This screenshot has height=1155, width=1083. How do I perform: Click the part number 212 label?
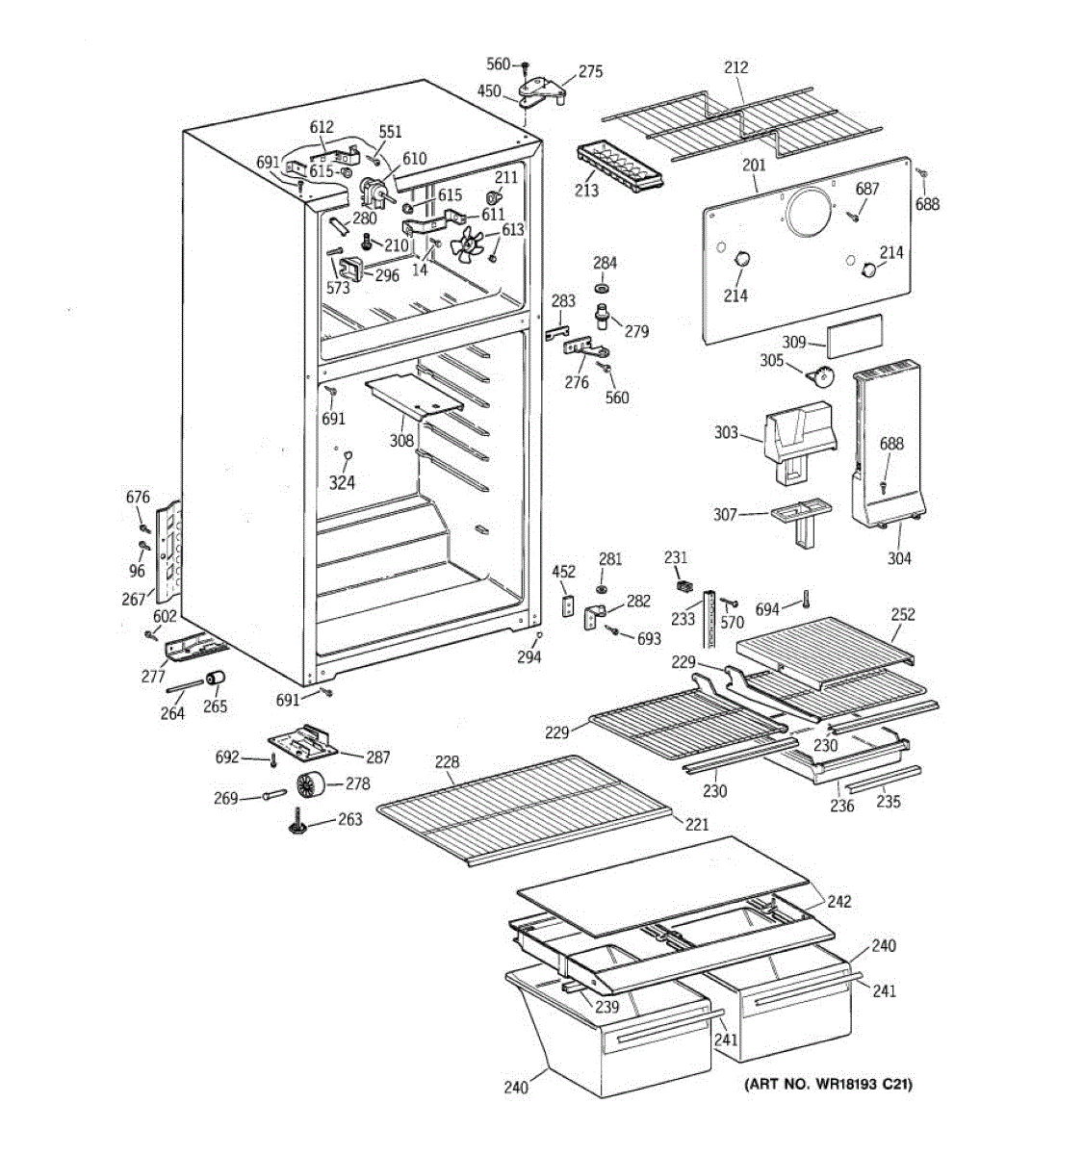point(736,67)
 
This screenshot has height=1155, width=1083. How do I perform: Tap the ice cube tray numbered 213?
point(620,167)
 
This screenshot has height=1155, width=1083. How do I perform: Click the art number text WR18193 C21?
point(852,1085)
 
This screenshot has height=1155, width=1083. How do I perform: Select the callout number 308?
point(401,441)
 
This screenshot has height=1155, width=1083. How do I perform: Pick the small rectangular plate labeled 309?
point(854,336)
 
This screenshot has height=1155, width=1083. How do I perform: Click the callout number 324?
point(342,483)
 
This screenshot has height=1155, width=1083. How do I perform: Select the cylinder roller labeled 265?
point(216,679)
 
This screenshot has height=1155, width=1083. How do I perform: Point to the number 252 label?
point(903,614)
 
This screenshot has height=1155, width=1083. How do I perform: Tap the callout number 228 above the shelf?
point(447,761)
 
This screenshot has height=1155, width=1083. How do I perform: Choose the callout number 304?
point(899,559)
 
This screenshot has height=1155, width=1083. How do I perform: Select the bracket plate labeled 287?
point(302,743)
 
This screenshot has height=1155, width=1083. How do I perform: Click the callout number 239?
point(607,1007)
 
